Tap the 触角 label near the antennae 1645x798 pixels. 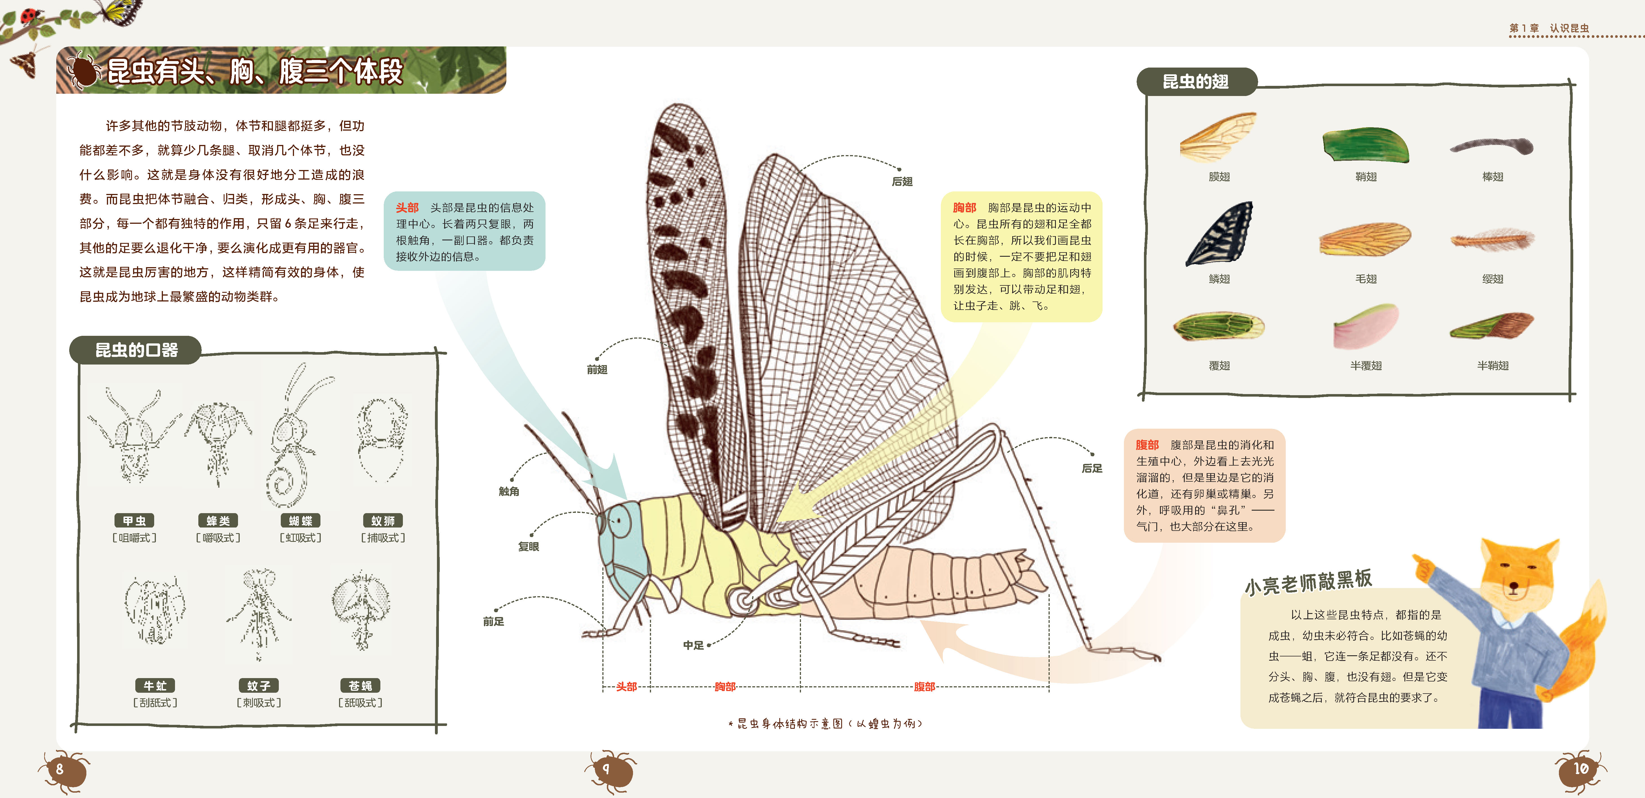[509, 491]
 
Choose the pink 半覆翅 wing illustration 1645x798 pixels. [1365, 327]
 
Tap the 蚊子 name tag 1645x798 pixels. [259, 686]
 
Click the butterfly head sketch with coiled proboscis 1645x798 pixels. [293, 441]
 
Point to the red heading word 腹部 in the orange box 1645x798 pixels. [1147, 445]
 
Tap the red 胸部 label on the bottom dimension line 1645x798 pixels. [725, 687]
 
